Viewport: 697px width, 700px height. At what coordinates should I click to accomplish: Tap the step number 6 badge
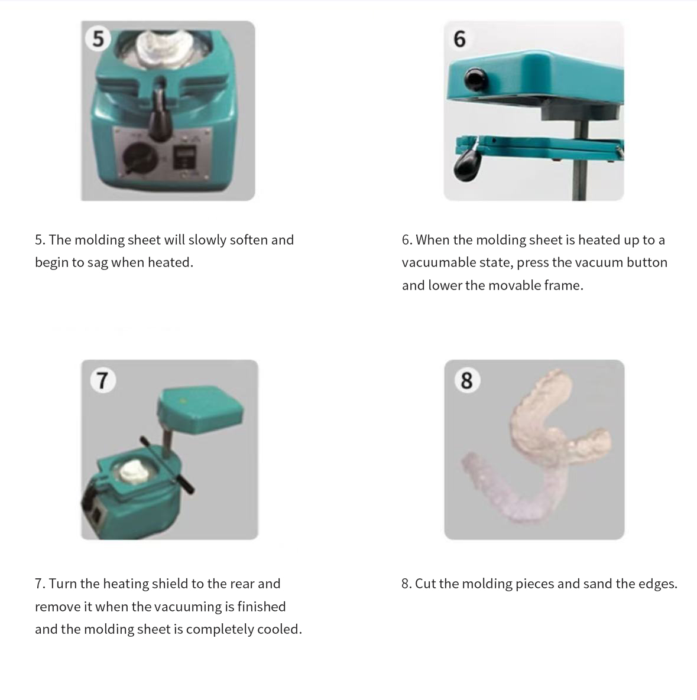pos(459,39)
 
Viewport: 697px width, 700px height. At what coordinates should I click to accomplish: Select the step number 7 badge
pos(103,380)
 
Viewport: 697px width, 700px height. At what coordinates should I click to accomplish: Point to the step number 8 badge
pos(466,380)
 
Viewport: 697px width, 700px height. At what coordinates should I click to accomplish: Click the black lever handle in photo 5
pos(160,115)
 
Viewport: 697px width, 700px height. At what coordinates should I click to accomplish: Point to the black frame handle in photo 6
pos(467,165)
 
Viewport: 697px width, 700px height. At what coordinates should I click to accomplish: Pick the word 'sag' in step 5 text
pos(98,263)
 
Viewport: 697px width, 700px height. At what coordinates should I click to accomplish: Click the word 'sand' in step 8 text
pos(597,584)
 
